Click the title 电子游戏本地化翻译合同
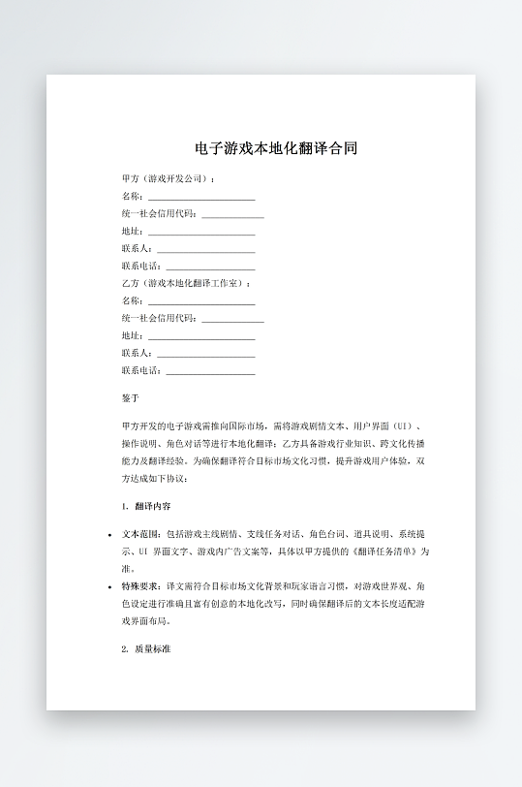pyautogui.click(x=276, y=149)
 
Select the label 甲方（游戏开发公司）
pyautogui.click(x=168, y=179)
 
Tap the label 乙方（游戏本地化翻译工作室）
pyautogui.click(x=185, y=283)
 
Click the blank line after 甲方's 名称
pyautogui.click(x=200, y=198)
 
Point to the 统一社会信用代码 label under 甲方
pyautogui.click(x=159, y=214)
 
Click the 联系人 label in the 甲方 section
pyautogui.click(x=133, y=249)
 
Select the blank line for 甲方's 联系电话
pyautogui.click(x=210, y=268)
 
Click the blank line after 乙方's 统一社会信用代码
pyautogui.click(x=232, y=320)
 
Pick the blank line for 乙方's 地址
pyautogui.click(x=200, y=337)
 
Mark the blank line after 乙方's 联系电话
pyautogui.click(x=210, y=372)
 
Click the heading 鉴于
pyautogui.click(x=131, y=398)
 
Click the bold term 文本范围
pyautogui.click(x=141, y=534)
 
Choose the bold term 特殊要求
pyautogui.click(x=141, y=587)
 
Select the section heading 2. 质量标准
pyautogui.click(x=147, y=648)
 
